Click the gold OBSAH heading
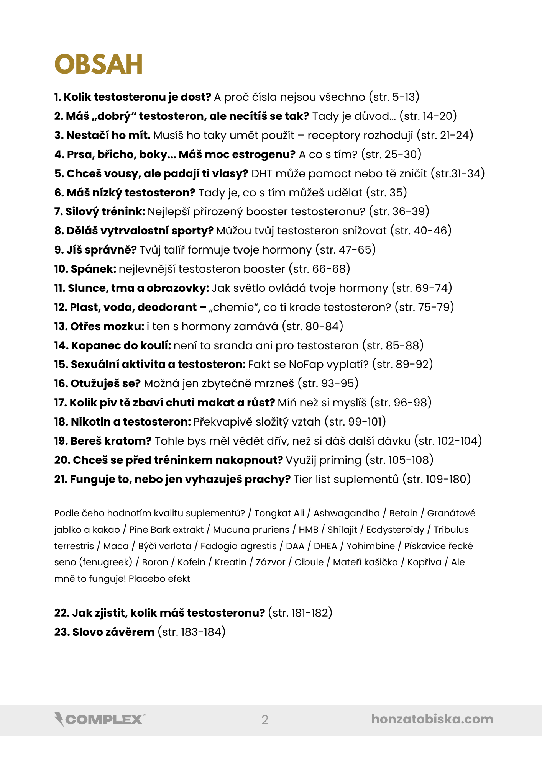99,64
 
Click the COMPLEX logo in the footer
100,719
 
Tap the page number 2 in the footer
265,720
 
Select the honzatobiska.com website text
432,719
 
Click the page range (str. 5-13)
394,97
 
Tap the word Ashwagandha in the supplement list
347,513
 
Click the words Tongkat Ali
279,513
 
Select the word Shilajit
342,530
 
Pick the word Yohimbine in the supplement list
371,546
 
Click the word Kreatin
230,562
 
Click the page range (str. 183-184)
192,632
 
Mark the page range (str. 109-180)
437,479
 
